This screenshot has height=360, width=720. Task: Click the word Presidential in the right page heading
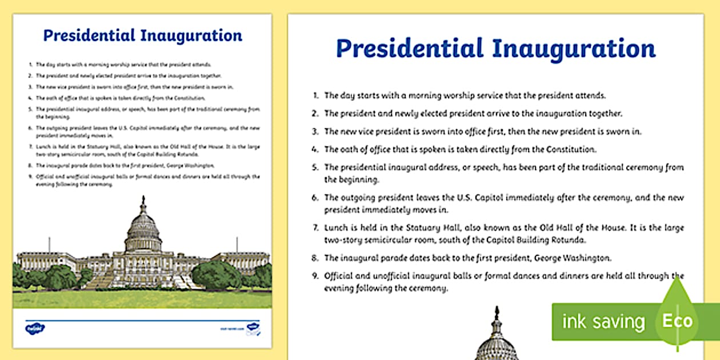408,49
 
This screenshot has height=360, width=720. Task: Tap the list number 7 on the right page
315,228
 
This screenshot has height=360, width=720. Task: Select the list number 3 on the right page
315,131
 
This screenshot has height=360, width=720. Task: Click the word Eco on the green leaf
677,321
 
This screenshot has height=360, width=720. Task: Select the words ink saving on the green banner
603,322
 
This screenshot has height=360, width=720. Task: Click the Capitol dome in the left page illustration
143,229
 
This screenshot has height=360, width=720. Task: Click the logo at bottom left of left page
35,328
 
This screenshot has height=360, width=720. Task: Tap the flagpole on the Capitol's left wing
49,245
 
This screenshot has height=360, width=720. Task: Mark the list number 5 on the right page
315,168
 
